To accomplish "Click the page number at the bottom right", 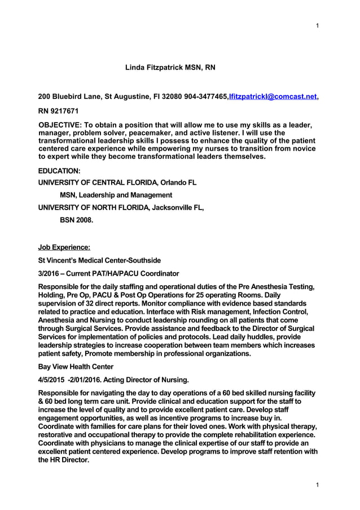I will click(318, 485).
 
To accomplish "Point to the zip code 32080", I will click(172, 97).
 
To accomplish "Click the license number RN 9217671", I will click(58, 111).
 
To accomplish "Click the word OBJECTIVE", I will click(60, 124).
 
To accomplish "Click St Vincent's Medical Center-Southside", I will click(99, 260).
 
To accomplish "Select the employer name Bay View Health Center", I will click(75, 367).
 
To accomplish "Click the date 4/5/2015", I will click(51, 380).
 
